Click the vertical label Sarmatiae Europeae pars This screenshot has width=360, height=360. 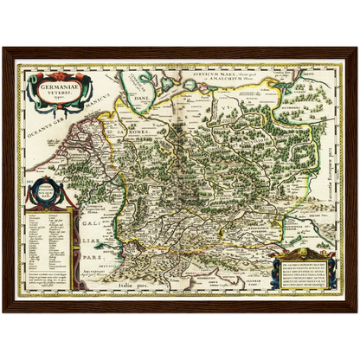pyautogui.click(x=329, y=180)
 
